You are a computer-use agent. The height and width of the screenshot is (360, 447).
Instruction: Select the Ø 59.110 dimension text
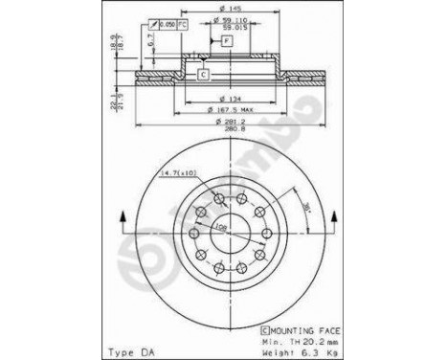click(x=229, y=21)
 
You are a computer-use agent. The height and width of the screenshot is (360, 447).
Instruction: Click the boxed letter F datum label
click(x=227, y=41)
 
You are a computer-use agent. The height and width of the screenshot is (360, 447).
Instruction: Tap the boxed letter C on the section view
click(x=204, y=74)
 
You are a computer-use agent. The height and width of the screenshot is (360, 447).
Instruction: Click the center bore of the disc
click(x=230, y=233)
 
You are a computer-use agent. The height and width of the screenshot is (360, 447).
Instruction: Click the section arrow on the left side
click(x=123, y=217)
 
